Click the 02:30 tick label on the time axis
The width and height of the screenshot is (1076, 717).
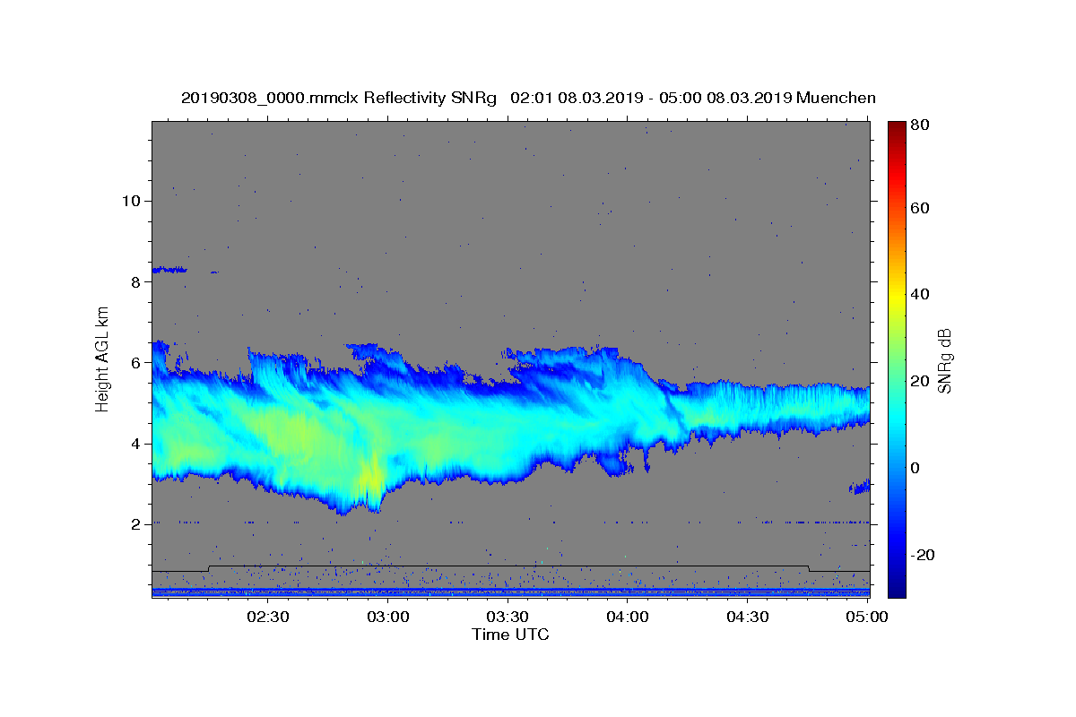pyautogui.click(x=267, y=617)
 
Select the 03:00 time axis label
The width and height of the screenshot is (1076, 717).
pyautogui.click(x=387, y=617)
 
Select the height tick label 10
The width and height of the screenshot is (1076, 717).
pyautogui.click(x=130, y=201)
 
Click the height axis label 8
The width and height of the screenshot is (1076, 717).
pyautogui.click(x=135, y=281)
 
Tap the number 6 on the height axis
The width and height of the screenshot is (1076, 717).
pyautogui.click(x=135, y=363)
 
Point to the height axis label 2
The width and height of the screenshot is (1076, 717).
pyautogui.click(x=135, y=524)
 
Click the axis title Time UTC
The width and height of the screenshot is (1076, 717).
pyautogui.click(x=510, y=635)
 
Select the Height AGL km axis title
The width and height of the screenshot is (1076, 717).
pyautogui.click(x=103, y=359)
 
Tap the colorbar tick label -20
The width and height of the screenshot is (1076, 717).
pyautogui.click(x=923, y=555)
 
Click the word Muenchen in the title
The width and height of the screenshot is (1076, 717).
pyautogui.click(x=836, y=98)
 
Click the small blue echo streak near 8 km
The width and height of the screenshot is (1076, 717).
pyautogui.click(x=169, y=269)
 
